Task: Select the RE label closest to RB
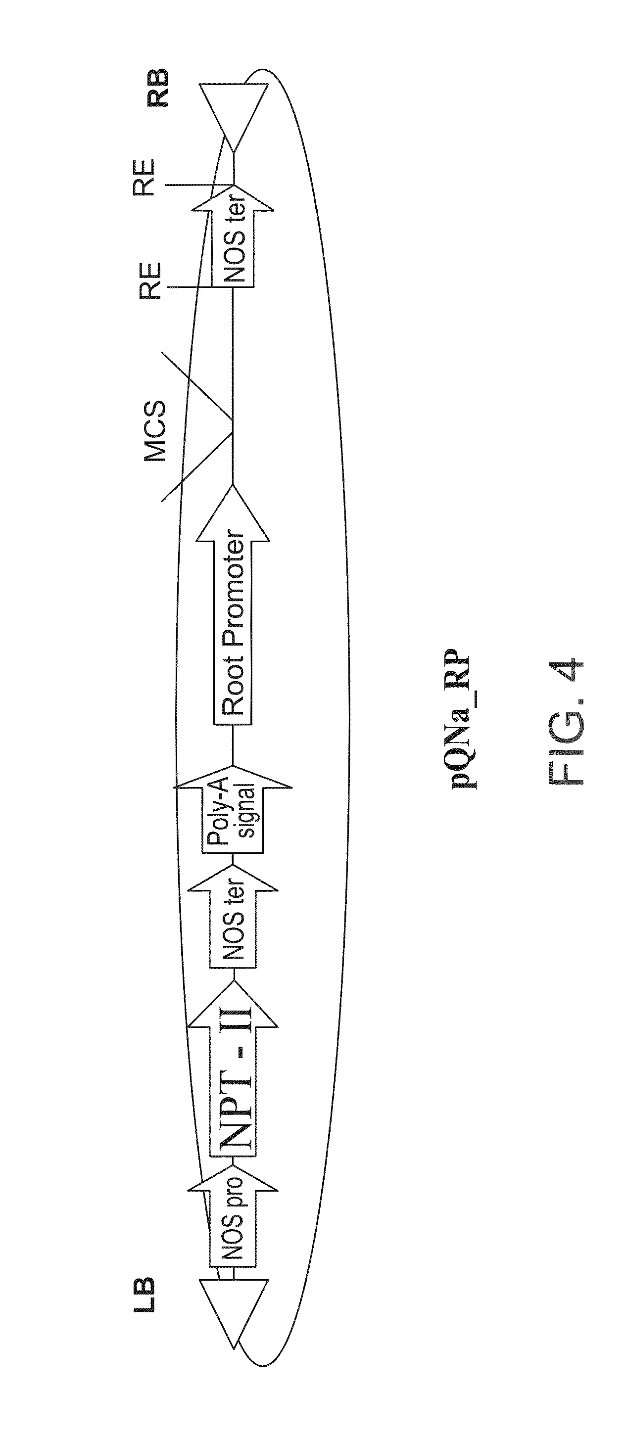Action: pos(144,179)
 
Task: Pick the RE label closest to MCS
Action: pos(149,281)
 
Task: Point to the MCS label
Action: pos(154,431)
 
